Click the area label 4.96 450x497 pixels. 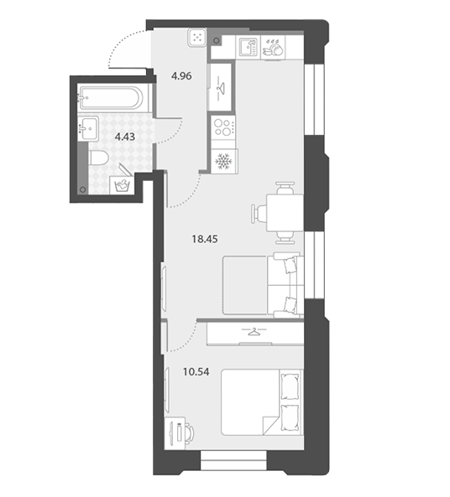[x=181, y=76]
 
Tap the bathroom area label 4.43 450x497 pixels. [x=125, y=137]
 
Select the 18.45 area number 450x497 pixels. [x=205, y=239]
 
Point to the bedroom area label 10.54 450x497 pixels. [x=196, y=371]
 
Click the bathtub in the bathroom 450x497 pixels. [x=110, y=98]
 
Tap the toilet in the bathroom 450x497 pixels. [x=98, y=158]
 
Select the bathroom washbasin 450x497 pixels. [x=88, y=127]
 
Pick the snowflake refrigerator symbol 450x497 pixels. [x=224, y=161]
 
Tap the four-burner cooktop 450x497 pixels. [x=223, y=127]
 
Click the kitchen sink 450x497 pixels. [x=248, y=47]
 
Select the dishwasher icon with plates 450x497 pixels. [x=273, y=48]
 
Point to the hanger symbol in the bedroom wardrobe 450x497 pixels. [x=254, y=331]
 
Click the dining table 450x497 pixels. [x=285, y=213]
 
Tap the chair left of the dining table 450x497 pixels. [x=259, y=213]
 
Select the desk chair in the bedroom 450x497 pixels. [x=190, y=433]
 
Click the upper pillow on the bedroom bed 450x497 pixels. [x=290, y=386]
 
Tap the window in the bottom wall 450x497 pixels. [x=233, y=460]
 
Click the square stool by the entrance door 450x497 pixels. [x=197, y=38]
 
